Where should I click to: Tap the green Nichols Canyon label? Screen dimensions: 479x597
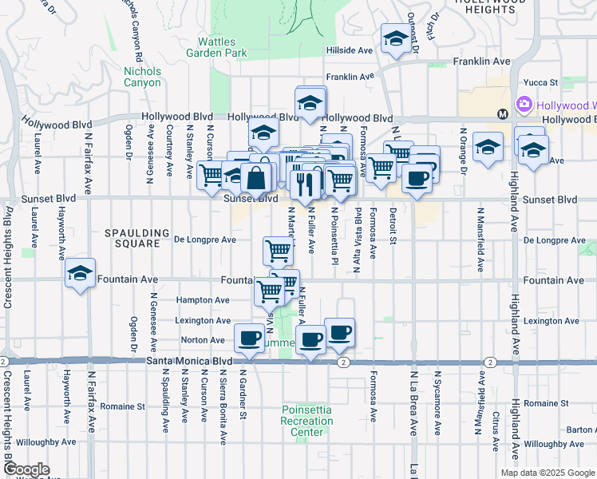coord(143,77)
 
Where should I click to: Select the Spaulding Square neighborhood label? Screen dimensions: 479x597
coord(137,239)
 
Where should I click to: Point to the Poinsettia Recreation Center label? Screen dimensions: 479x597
coord(307,422)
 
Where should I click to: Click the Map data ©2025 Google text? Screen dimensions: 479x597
coord(548,473)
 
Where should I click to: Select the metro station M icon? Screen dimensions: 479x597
coord(503,114)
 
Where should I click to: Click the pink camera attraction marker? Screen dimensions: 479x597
coord(524,105)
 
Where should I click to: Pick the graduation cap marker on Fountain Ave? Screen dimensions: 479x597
coord(80,274)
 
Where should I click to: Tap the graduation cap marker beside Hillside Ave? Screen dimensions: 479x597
coord(395,39)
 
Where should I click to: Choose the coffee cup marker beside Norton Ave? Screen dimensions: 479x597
coord(250,338)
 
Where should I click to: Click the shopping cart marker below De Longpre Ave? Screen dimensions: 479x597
coord(278,251)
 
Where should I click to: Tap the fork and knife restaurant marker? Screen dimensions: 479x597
coord(304,184)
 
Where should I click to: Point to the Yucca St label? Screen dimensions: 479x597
coord(539,82)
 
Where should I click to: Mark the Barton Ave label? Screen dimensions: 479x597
coord(580,430)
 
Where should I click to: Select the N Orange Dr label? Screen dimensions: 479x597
coord(463,149)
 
